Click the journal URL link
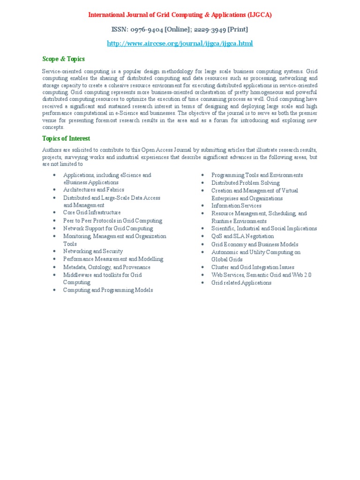(x=180, y=44)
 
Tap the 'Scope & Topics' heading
(x=63, y=59)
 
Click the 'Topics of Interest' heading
(x=66, y=139)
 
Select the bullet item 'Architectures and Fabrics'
(x=94, y=190)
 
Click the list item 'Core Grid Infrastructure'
(x=92, y=213)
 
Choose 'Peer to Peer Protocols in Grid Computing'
(x=112, y=221)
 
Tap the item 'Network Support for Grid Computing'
(x=108, y=228)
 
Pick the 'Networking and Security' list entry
(x=93, y=251)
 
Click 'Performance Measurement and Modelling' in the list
(x=113, y=259)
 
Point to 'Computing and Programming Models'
(x=108, y=290)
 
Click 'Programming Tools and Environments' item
(x=257, y=175)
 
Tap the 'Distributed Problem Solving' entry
(x=245, y=183)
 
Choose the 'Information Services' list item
(x=236, y=206)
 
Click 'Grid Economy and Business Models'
(x=255, y=244)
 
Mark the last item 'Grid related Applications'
(x=241, y=283)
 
